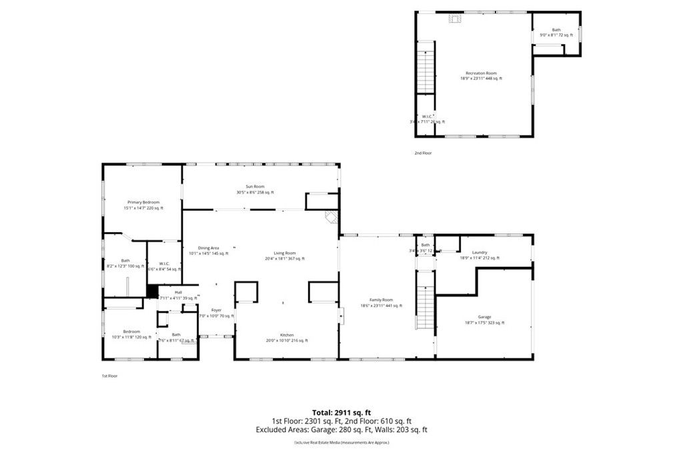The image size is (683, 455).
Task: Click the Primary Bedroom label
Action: click(143, 202)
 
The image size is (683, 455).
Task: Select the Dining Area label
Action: click(208, 248)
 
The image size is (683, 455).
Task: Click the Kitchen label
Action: click(287, 335)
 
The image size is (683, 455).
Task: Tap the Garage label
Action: click(484, 317)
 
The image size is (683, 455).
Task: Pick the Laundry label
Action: click(480, 252)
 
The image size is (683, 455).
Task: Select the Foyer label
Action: click(216, 310)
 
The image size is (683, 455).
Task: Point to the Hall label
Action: click(178, 292)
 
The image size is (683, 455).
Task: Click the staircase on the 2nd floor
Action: click(426, 67)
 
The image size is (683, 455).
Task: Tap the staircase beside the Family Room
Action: click(425, 299)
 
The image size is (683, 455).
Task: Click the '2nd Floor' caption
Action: click(423, 153)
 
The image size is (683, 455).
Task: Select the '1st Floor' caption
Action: click(109, 376)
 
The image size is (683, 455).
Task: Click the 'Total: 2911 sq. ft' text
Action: click(341, 412)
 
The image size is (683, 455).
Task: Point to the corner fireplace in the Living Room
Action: click(331, 217)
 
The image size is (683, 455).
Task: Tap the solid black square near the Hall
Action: click(152, 291)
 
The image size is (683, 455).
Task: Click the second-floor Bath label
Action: click(556, 30)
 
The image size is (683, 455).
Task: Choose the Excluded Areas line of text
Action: click(341, 430)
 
